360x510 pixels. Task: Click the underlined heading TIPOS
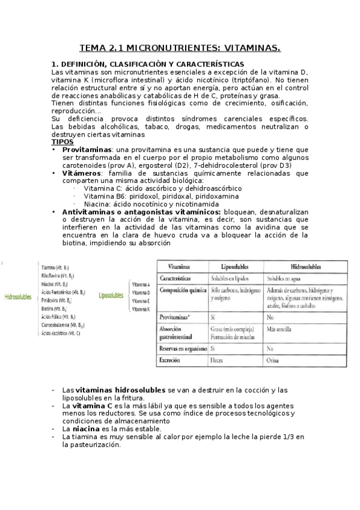(x=62, y=141)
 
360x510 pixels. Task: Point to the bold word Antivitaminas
(x=90, y=212)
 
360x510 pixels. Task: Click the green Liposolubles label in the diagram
(x=111, y=295)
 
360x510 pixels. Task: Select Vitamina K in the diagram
(x=141, y=309)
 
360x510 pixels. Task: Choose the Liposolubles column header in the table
(x=228, y=266)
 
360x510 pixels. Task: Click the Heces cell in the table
(x=217, y=360)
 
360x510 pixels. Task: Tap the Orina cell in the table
(x=273, y=360)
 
